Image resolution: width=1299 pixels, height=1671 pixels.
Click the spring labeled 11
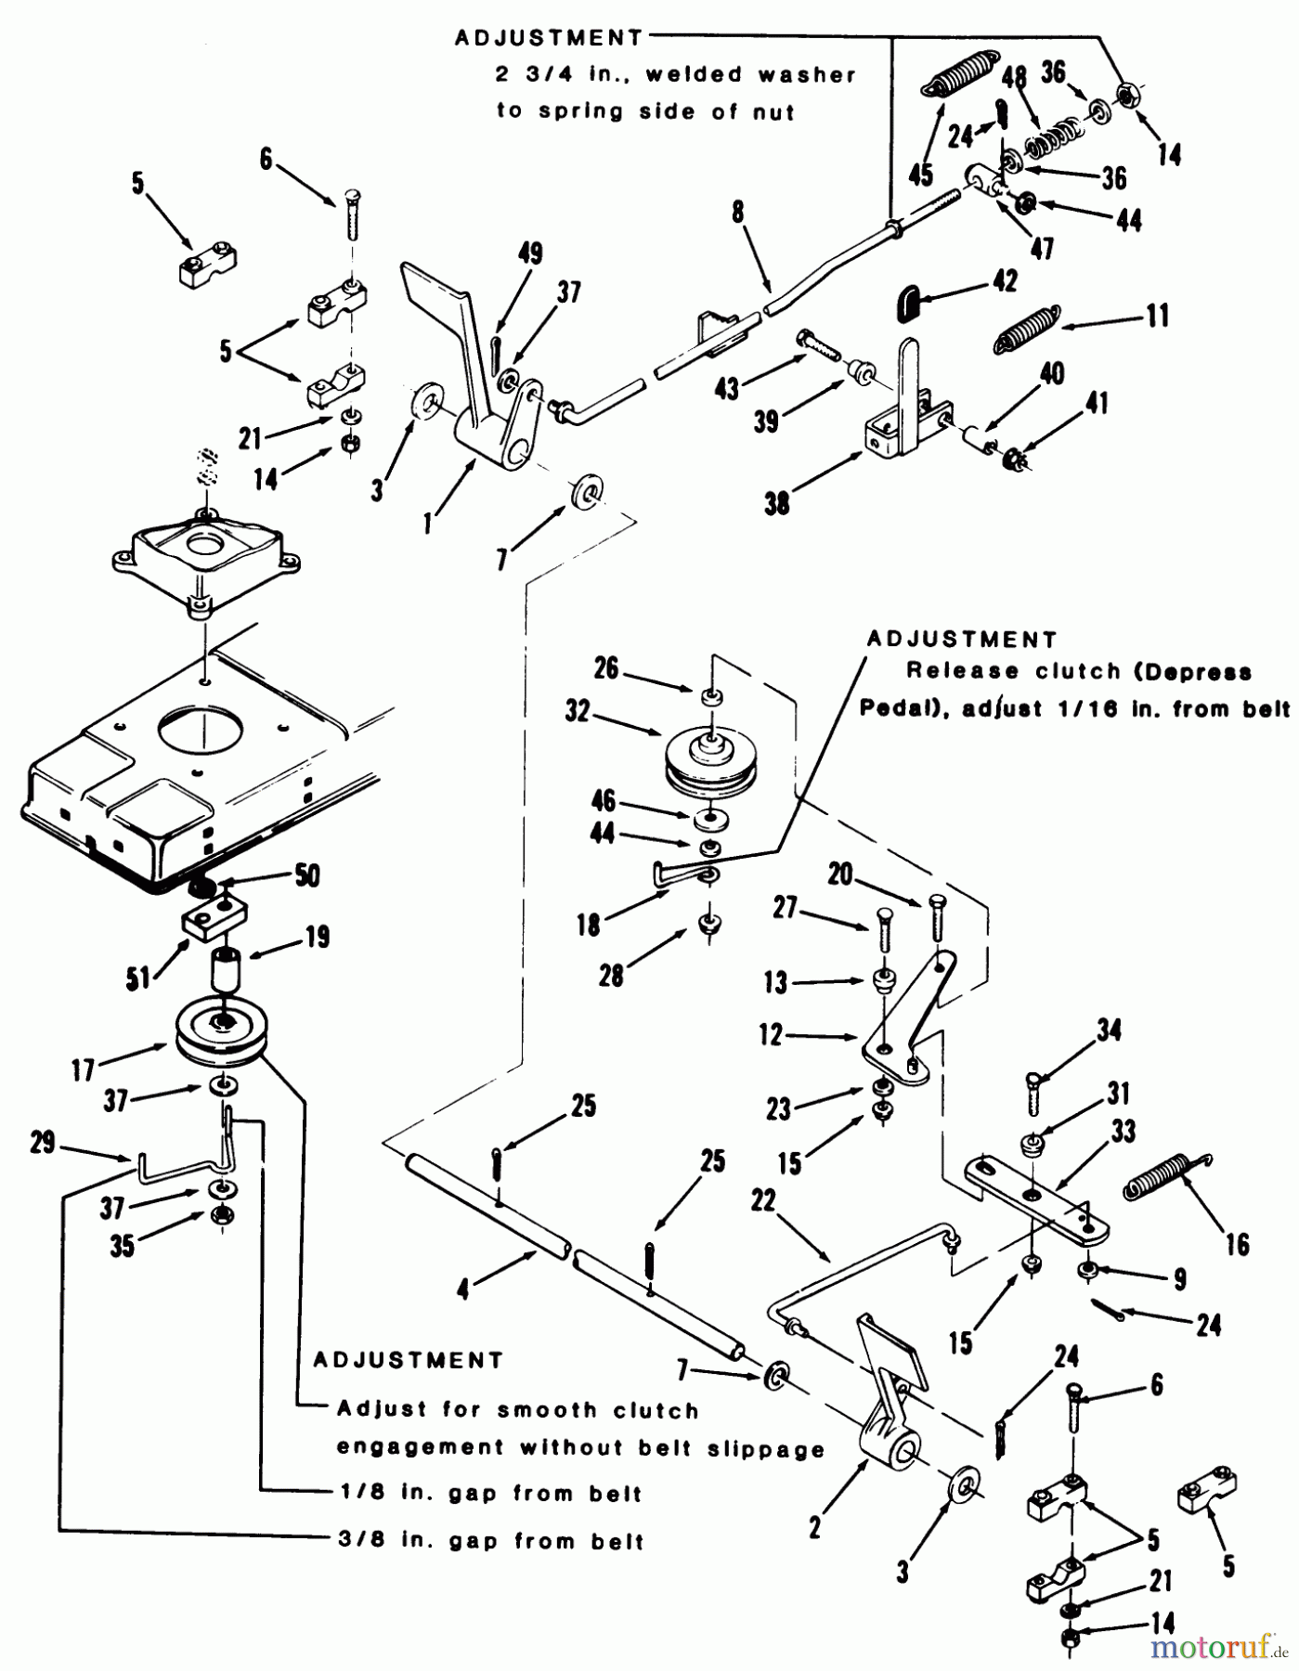point(1025,330)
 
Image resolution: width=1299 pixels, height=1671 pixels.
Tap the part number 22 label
point(762,1201)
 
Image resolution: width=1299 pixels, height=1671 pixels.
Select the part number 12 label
point(772,1034)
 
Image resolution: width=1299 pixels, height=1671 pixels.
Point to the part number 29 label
point(44,1143)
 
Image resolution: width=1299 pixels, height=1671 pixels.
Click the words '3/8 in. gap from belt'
point(489,1541)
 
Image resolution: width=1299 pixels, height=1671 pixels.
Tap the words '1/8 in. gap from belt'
point(489,1494)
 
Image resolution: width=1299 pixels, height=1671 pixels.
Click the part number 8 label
point(737,212)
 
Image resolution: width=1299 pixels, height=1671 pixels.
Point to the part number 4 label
point(463,1290)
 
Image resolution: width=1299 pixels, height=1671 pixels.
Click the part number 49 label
point(530,253)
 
